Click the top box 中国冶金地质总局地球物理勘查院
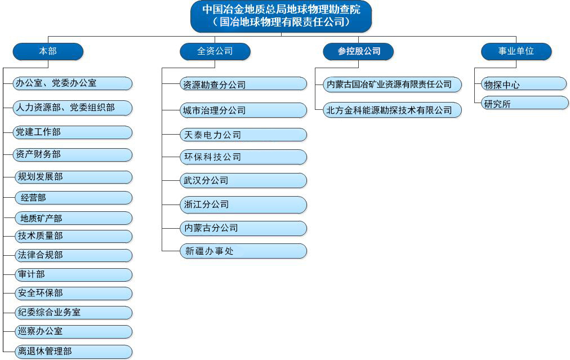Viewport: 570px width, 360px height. (x=281, y=16)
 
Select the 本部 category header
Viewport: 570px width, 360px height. (x=48, y=51)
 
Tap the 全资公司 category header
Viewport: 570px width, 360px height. (x=215, y=51)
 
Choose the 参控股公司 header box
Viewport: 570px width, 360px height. (x=358, y=51)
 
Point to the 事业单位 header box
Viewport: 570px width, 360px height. (x=516, y=51)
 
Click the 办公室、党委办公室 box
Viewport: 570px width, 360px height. (x=73, y=83)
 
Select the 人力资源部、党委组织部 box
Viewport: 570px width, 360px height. (x=73, y=108)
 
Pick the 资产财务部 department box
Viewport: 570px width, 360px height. (x=73, y=154)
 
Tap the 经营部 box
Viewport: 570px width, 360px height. (x=74, y=198)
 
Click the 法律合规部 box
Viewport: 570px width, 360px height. (x=73, y=255)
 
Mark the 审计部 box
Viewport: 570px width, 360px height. (x=73, y=274)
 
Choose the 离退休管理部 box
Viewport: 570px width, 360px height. (x=73, y=352)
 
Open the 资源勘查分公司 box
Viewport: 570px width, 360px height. (x=243, y=84)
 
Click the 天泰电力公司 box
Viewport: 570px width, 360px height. (x=243, y=135)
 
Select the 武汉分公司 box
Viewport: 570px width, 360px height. (x=243, y=180)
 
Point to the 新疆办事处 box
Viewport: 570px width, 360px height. (x=243, y=251)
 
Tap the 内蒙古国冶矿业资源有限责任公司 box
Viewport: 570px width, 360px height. (x=393, y=85)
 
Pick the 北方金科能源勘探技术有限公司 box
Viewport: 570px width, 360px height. (x=393, y=110)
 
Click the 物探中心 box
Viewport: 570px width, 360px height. (x=524, y=84)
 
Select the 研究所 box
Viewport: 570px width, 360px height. (x=525, y=103)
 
